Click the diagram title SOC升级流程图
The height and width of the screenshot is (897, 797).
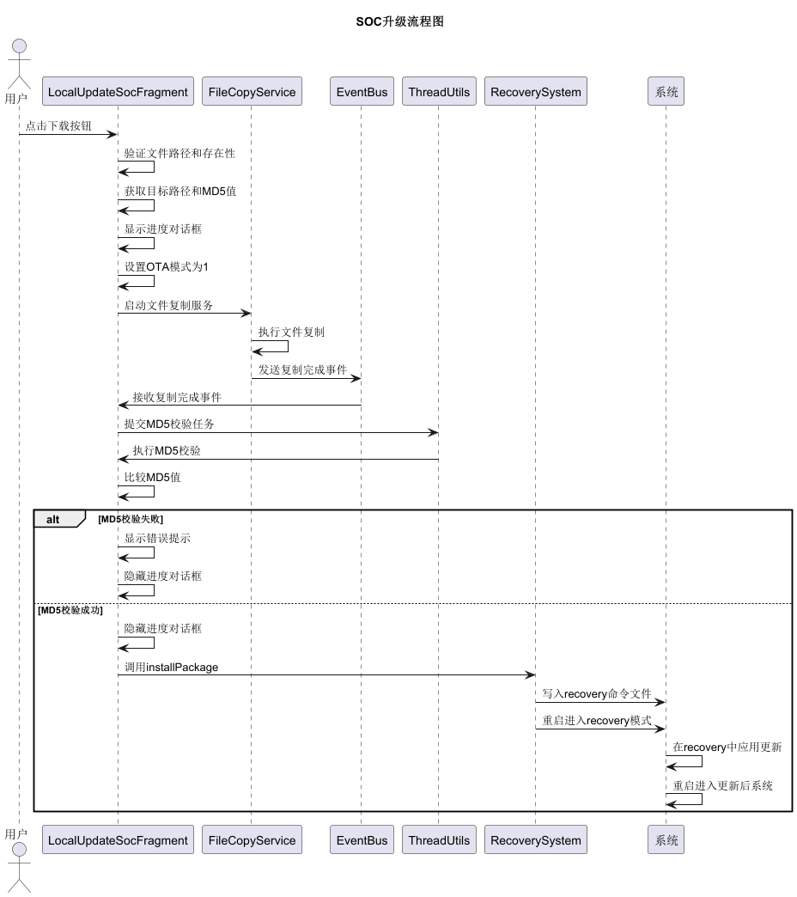[x=399, y=21]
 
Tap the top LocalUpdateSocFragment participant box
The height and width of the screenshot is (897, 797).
[x=118, y=92]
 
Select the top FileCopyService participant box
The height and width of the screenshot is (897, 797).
[x=252, y=92]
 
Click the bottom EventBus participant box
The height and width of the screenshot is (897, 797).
[x=361, y=840]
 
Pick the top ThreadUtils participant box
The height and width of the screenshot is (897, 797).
[x=439, y=92]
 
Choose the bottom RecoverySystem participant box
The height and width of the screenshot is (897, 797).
[x=535, y=840]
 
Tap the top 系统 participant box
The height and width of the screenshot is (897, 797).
[x=666, y=92]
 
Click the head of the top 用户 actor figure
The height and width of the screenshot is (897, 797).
[x=19, y=46]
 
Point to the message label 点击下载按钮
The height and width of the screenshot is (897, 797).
[x=58, y=125]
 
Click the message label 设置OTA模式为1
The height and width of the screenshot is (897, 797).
[x=166, y=267]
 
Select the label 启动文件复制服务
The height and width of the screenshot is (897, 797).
[x=168, y=305]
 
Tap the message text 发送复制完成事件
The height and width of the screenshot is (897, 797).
[x=302, y=369]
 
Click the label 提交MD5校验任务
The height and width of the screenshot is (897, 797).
[x=175, y=424]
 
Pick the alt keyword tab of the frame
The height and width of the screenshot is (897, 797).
[x=54, y=519]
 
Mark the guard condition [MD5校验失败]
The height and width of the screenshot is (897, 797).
[x=131, y=519]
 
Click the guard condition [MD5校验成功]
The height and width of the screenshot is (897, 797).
[x=70, y=610]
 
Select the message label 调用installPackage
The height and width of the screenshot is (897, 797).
[x=171, y=667]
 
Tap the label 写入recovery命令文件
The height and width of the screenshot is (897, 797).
[x=597, y=693]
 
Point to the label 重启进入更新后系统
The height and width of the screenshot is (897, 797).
[x=722, y=785]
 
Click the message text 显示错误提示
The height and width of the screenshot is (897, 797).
[x=157, y=539]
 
